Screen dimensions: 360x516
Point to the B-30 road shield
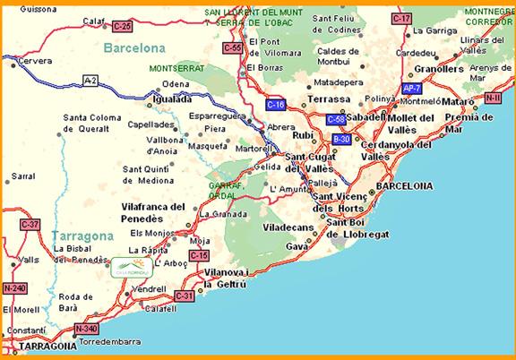[x=341, y=139]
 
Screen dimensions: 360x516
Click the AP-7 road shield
[x=412, y=90]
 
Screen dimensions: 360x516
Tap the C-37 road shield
[x=30, y=224]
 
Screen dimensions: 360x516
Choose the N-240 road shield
[x=14, y=288]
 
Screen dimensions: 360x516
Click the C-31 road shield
[x=185, y=295]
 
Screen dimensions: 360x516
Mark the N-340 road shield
[x=86, y=329]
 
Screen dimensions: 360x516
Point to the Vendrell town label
[x=148, y=290]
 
